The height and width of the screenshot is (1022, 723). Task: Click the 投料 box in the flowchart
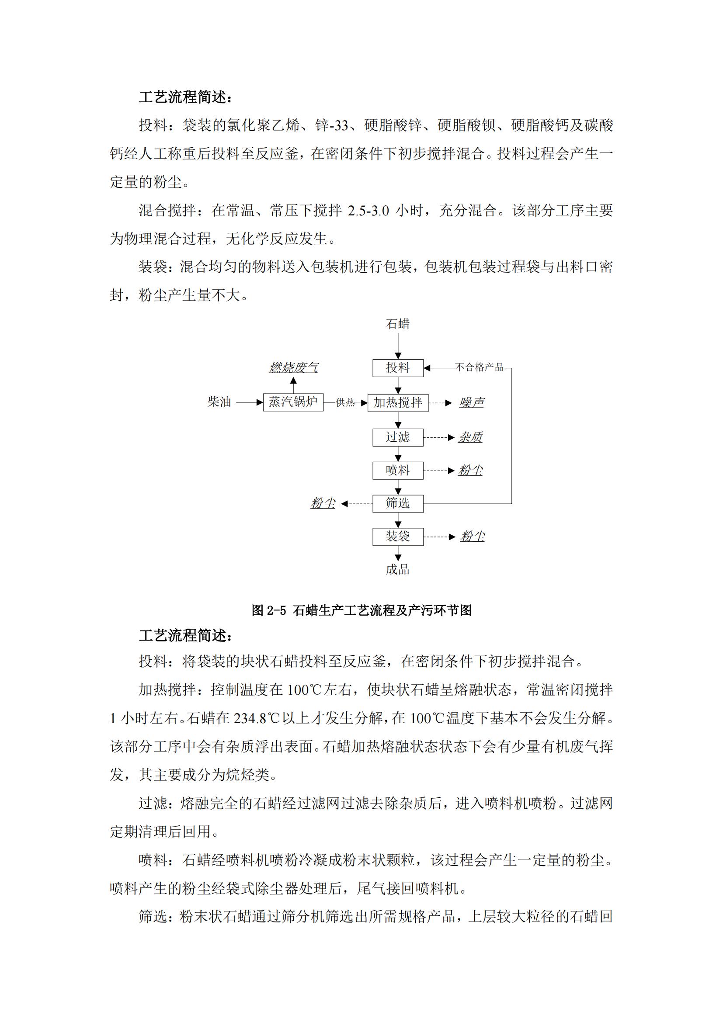click(x=397, y=367)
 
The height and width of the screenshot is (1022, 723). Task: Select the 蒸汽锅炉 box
click(x=293, y=402)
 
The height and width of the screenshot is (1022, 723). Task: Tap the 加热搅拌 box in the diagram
click(x=397, y=402)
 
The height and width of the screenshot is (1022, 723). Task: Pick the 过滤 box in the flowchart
click(x=397, y=437)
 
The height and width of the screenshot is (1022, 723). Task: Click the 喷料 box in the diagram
click(x=397, y=471)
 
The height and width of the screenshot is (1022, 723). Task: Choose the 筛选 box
click(x=397, y=503)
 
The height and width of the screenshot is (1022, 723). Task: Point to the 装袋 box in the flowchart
click(x=397, y=537)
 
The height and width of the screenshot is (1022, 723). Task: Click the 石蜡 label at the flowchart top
click(x=397, y=324)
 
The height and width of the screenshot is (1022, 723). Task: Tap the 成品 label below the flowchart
click(x=397, y=569)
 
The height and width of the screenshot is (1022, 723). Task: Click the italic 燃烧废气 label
click(x=293, y=367)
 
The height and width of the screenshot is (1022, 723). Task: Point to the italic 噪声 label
click(x=472, y=403)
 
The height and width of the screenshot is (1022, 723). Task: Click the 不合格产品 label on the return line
click(x=479, y=367)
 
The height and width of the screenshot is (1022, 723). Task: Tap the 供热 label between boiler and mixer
click(x=345, y=403)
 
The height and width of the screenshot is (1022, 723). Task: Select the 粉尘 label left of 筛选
click(x=323, y=503)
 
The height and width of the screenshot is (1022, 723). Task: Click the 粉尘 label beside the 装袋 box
click(x=472, y=537)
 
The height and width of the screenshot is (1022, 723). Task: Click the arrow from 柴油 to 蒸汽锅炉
click(x=249, y=402)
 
